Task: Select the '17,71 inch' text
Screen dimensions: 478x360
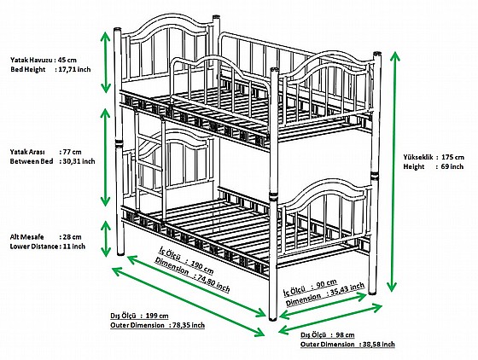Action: [x=74, y=69]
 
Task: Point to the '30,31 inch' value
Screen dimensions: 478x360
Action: [x=79, y=161]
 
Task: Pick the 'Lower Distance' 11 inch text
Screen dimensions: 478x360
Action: [x=48, y=246]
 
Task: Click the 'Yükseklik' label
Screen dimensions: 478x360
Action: [x=418, y=157]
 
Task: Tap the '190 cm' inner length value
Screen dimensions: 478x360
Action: [x=202, y=267]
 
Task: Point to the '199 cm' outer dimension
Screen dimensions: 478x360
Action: [x=157, y=316]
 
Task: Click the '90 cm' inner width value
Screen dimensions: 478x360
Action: [x=326, y=284]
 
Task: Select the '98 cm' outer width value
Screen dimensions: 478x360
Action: [x=346, y=334]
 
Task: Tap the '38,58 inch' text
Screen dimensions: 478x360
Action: [x=379, y=344]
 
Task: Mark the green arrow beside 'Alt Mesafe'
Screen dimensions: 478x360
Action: [x=106, y=239]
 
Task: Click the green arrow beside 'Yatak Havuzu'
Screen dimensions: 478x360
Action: [x=106, y=61]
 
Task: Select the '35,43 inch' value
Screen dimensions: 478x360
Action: [x=346, y=290]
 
